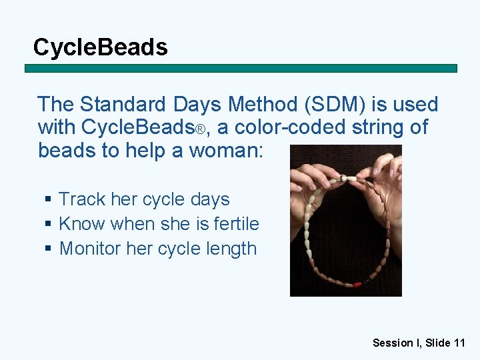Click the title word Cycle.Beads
tap(100, 47)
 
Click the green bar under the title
tap(241, 68)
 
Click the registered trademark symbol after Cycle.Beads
tap(199, 128)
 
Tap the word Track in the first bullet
tap(81, 199)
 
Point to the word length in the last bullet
tap(232, 249)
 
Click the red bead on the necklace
tap(357, 284)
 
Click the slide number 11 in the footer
tap(459, 343)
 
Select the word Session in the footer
tap(392, 343)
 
